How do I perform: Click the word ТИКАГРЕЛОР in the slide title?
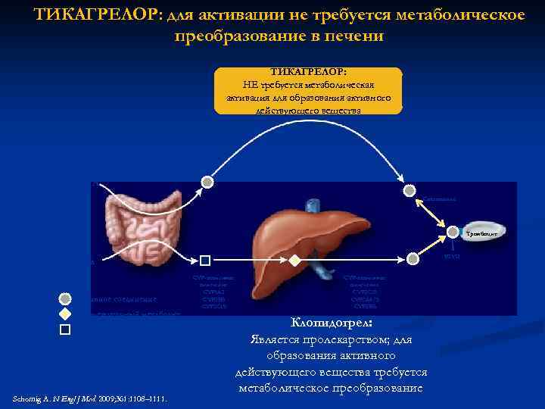92,15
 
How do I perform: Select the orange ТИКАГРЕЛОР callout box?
308,90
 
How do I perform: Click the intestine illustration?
136,227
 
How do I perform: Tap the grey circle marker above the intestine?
206,182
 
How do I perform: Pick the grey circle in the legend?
65,298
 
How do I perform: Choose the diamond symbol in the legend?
65,314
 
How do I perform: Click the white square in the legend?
65,329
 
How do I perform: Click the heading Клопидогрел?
331,323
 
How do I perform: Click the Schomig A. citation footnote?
91,399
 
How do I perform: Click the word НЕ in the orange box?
251,84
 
